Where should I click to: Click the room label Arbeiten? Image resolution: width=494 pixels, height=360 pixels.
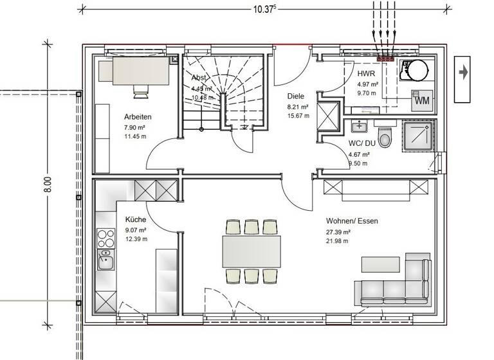click(x=138, y=118)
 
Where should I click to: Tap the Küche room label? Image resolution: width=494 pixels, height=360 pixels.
click(x=136, y=219)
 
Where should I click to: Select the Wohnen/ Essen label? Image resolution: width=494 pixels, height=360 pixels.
click(x=352, y=221)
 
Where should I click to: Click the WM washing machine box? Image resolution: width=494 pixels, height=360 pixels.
click(x=422, y=100)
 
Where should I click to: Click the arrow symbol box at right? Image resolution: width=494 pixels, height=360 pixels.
click(x=464, y=73)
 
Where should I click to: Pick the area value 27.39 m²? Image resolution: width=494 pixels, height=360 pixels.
click(x=338, y=231)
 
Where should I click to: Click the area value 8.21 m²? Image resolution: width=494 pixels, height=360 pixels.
click(x=298, y=107)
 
